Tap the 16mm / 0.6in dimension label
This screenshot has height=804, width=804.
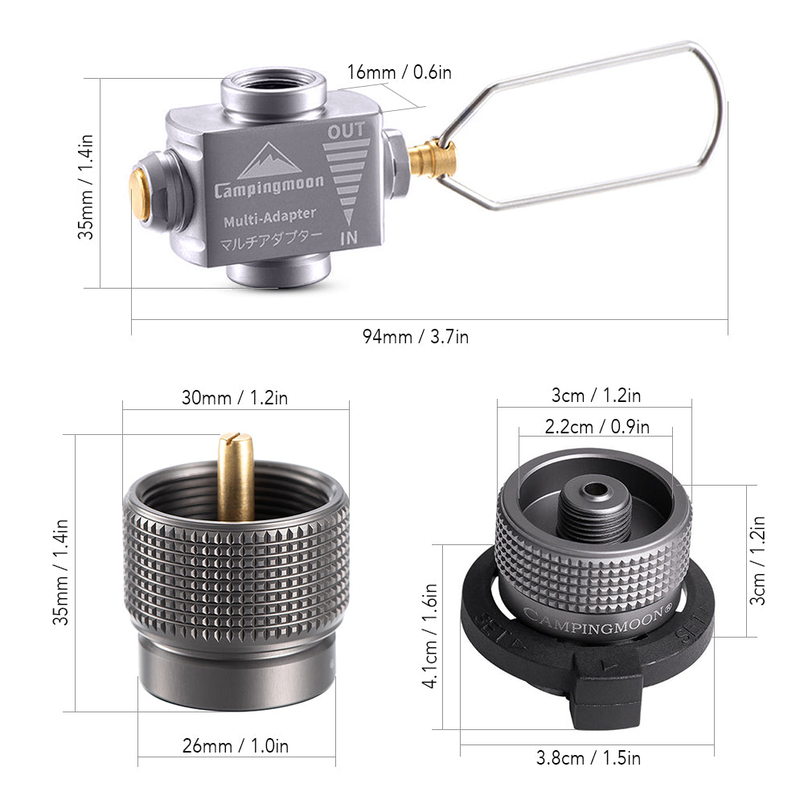click(400, 72)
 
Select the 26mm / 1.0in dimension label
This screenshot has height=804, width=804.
click(236, 746)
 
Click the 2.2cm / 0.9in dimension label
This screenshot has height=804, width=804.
click(597, 427)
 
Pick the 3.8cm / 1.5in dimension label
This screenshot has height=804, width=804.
click(588, 757)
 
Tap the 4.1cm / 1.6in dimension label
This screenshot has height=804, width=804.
click(432, 635)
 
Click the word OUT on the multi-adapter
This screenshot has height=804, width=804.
click(347, 129)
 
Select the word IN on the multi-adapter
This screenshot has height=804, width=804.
click(349, 237)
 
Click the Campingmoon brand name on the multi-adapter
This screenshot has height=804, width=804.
click(269, 187)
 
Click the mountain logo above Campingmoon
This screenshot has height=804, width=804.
click(270, 161)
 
